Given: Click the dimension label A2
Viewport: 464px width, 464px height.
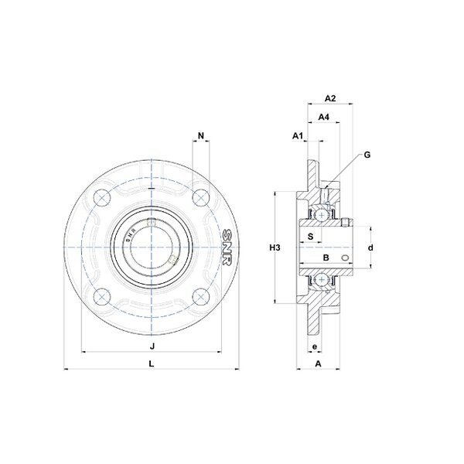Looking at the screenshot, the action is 330,98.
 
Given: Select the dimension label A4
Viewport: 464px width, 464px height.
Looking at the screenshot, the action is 323,117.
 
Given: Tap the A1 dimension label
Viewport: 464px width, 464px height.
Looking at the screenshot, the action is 298,136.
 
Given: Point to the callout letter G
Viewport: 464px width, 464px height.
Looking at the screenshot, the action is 367,155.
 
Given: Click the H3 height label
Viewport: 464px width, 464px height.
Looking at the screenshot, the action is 275,247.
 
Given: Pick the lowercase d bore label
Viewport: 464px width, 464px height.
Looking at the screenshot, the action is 370,247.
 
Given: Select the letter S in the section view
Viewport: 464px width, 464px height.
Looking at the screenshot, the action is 310,237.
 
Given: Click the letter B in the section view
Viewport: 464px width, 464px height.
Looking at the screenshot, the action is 326,258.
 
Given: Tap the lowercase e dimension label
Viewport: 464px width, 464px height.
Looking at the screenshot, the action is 315,346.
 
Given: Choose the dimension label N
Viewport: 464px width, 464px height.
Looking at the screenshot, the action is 201,136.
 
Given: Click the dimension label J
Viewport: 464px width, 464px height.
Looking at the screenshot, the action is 152,346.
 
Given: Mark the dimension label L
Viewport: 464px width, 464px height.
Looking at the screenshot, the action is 152,363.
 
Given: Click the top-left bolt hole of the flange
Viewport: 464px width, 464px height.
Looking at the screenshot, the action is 102,197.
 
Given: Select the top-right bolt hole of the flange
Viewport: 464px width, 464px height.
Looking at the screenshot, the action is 201,197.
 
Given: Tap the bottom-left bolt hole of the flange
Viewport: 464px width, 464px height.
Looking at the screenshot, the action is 102,296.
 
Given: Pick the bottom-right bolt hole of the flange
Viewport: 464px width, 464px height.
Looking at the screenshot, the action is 201,296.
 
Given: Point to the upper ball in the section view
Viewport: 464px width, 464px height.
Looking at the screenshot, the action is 321,215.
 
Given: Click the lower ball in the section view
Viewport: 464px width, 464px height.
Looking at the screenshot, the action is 321,279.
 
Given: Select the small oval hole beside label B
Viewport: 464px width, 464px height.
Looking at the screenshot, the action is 345,258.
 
